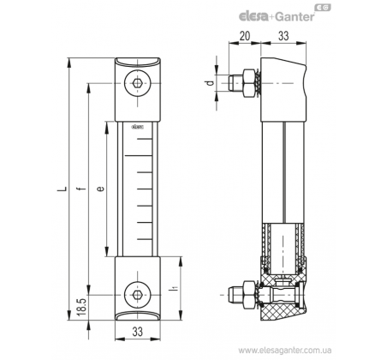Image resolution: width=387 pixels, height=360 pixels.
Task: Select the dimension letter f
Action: (x=82, y=189)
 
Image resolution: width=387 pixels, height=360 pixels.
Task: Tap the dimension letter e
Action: (x=100, y=189)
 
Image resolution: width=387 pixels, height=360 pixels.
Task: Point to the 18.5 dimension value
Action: (x=81, y=307)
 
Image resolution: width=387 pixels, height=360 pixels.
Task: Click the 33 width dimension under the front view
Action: (x=137, y=332)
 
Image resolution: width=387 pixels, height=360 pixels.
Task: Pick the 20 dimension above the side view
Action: (x=245, y=36)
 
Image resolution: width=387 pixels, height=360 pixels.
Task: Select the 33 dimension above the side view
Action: (x=283, y=36)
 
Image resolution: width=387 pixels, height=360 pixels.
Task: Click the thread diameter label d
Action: (x=210, y=83)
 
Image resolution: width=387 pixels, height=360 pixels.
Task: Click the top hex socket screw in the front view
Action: (x=137, y=83)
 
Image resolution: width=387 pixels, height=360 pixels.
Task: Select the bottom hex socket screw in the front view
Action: (x=137, y=294)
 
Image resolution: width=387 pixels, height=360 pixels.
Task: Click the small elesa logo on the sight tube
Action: (x=137, y=127)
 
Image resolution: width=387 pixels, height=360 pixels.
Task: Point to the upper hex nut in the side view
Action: (x=249, y=83)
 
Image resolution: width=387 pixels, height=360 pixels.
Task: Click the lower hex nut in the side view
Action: (x=249, y=295)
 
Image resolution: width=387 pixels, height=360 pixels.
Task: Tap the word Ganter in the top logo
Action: (x=295, y=16)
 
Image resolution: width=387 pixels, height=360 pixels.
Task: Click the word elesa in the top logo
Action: (x=253, y=16)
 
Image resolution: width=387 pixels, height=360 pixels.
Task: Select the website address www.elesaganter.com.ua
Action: (x=284, y=350)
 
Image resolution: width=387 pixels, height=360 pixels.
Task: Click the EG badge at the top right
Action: (x=323, y=8)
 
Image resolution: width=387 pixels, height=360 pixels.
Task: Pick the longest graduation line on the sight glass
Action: (x=138, y=156)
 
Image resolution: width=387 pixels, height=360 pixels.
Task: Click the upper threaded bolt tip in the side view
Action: (x=232, y=83)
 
